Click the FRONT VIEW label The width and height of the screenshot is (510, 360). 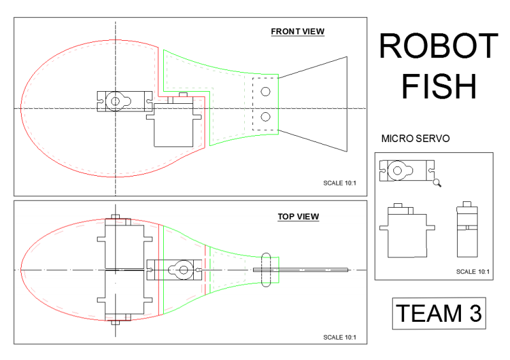tap(297, 31)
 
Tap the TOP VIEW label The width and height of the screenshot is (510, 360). tap(298, 217)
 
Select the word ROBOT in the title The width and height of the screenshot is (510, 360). tap(438, 47)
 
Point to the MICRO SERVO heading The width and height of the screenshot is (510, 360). tap(415, 138)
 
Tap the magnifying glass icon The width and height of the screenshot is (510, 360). tap(437, 183)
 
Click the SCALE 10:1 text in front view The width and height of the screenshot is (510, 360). tap(340, 184)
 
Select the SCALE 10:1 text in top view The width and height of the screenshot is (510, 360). tap(340, 337)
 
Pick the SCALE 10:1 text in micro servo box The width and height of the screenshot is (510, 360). tap(472, 271)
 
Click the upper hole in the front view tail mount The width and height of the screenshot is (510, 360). tap(265, 92)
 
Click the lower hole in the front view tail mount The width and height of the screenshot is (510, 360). tap(265, 117)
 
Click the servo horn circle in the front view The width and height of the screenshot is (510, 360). tap(115, 101)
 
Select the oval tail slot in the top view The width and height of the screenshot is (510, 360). tap(266, 270)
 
